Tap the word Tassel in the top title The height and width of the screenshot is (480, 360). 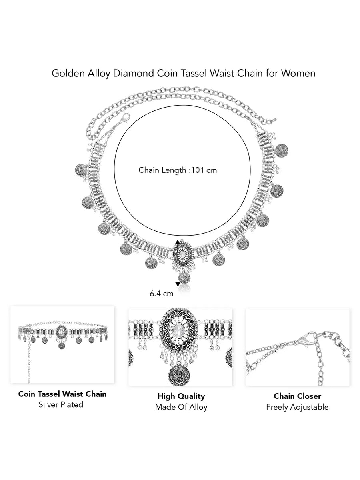coord(197,73)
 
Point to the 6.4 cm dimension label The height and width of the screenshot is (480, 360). coord(162,293)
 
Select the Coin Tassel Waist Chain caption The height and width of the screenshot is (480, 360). coord(62,394)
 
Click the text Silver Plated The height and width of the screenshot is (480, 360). coord(61,404)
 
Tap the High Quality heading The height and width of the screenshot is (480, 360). coord(181,396)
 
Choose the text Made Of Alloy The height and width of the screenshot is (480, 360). coord(181,407)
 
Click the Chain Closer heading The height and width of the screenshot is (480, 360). coord(297,396)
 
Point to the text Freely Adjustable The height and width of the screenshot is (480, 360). coord(297,407)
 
